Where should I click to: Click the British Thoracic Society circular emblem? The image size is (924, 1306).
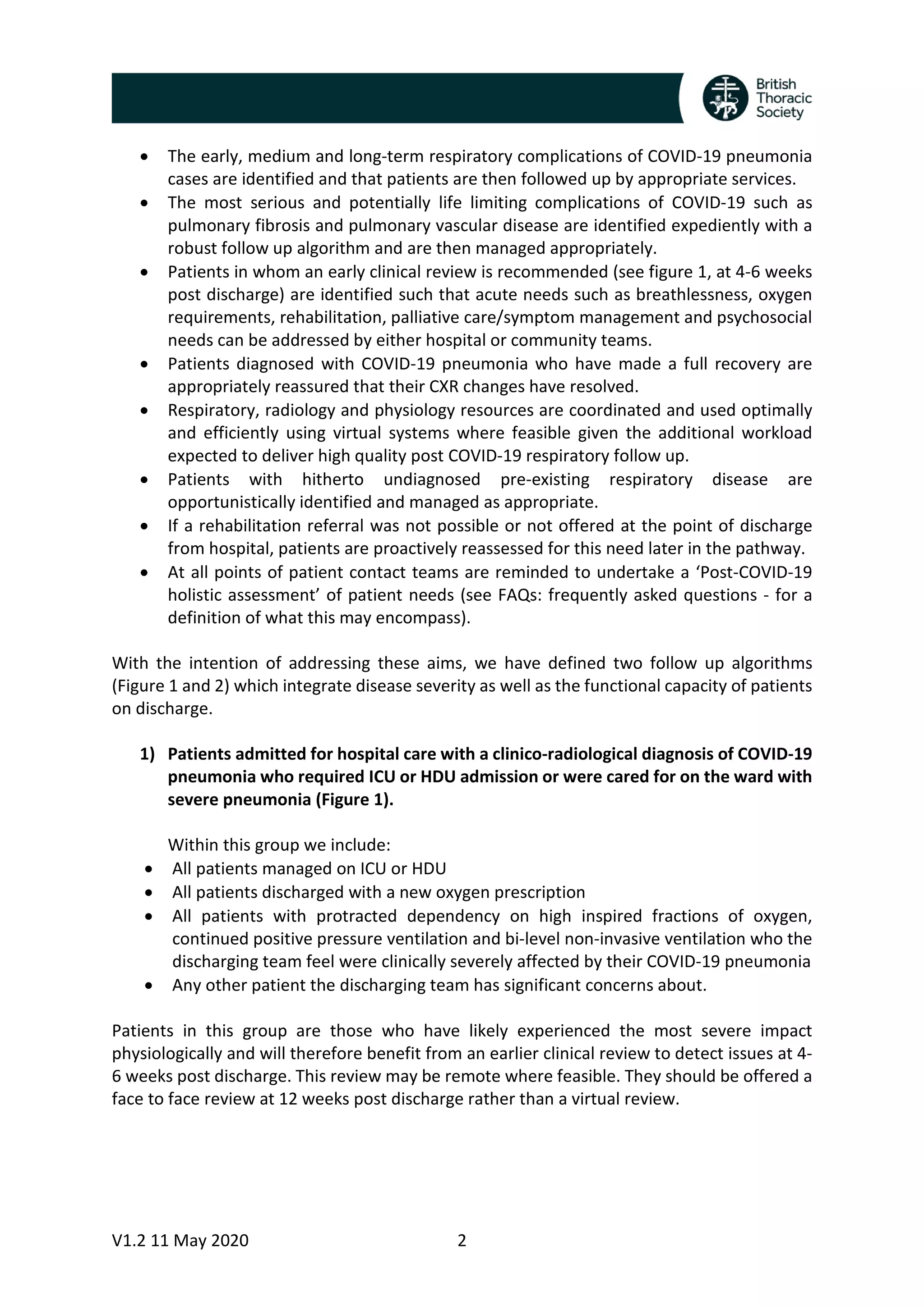725,98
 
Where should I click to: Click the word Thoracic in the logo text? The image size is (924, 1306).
783,98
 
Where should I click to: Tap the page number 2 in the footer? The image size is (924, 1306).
462,1240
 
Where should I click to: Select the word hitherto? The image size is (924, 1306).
333,479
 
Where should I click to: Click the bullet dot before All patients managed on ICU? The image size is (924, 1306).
148,869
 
